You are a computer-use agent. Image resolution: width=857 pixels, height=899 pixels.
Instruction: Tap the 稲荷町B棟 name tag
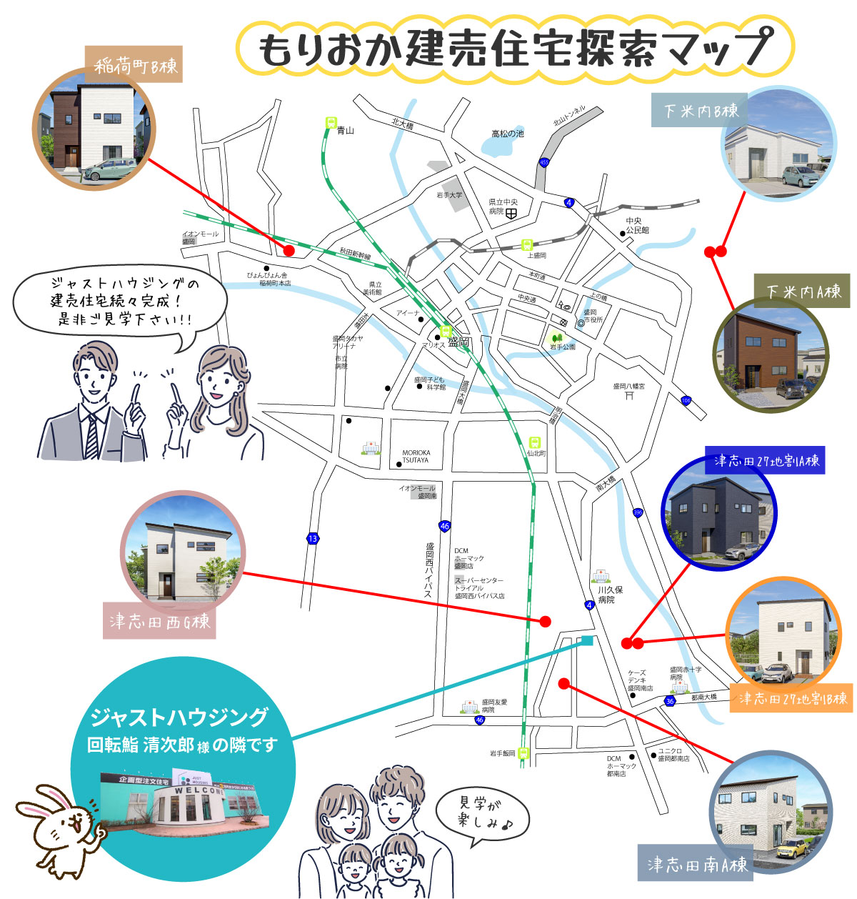134,66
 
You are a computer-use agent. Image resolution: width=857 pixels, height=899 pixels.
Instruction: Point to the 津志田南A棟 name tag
696,865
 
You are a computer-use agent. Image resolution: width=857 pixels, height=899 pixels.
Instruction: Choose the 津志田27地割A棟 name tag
766,461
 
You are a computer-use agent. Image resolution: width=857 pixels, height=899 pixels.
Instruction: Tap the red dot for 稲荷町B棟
289,251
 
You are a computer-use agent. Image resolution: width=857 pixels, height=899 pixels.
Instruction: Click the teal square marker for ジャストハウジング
587,640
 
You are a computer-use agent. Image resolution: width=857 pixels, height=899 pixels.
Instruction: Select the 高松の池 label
508,134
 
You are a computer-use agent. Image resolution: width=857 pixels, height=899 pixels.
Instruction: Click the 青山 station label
346,131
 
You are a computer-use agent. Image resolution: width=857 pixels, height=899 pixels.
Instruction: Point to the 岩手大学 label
448,195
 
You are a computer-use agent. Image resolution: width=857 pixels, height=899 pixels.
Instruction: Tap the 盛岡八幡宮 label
628,387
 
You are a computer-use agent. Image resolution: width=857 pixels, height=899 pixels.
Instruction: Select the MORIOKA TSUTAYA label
416,457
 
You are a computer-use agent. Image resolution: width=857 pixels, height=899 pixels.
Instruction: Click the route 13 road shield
312,539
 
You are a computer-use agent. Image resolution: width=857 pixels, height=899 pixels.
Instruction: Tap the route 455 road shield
544,162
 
